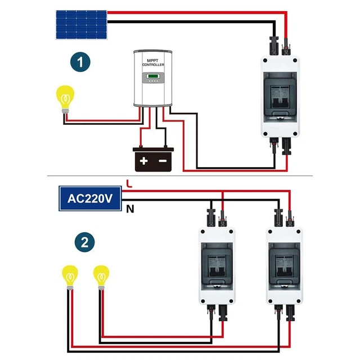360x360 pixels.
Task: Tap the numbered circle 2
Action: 84,242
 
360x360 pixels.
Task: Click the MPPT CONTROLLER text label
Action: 153,63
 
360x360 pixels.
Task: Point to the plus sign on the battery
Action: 143,161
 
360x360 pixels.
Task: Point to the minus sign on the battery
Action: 163,161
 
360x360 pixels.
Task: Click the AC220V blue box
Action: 88,199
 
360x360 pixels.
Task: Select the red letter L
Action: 129,183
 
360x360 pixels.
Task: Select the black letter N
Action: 130,209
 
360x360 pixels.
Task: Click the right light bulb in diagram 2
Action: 101,277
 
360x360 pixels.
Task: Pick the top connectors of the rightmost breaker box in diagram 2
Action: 284,217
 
